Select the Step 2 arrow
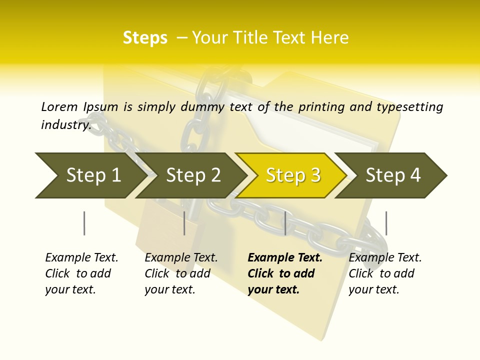192,175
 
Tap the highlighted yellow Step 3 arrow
292,175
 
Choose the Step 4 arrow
393,175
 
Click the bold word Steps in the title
145,38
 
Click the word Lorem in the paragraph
59,106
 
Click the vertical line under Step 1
84,223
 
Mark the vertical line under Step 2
184,223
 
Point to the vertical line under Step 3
285,223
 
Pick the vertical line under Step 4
386,223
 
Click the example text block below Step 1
81,273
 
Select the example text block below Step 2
180,273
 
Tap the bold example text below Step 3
284,273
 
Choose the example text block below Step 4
384,273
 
